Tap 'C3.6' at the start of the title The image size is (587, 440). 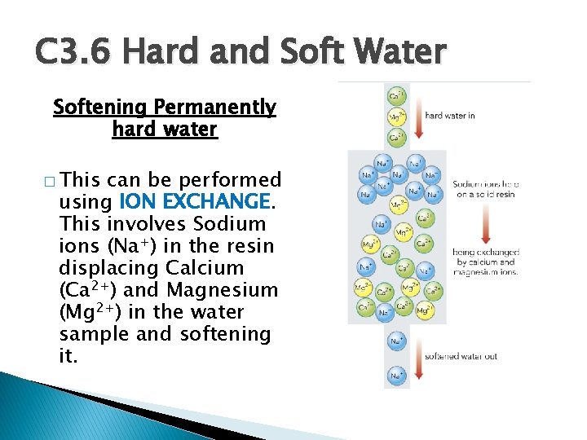(70, 53)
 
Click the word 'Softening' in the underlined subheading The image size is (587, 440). (100, 108)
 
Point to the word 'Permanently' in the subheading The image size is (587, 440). (215, 108)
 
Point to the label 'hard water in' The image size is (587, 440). (450, 116)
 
